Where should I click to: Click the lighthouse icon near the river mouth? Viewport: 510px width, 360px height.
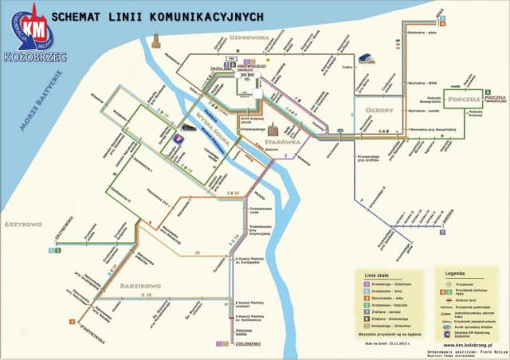coord(155,40)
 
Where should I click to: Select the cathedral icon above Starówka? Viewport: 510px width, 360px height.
coord(273,127)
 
